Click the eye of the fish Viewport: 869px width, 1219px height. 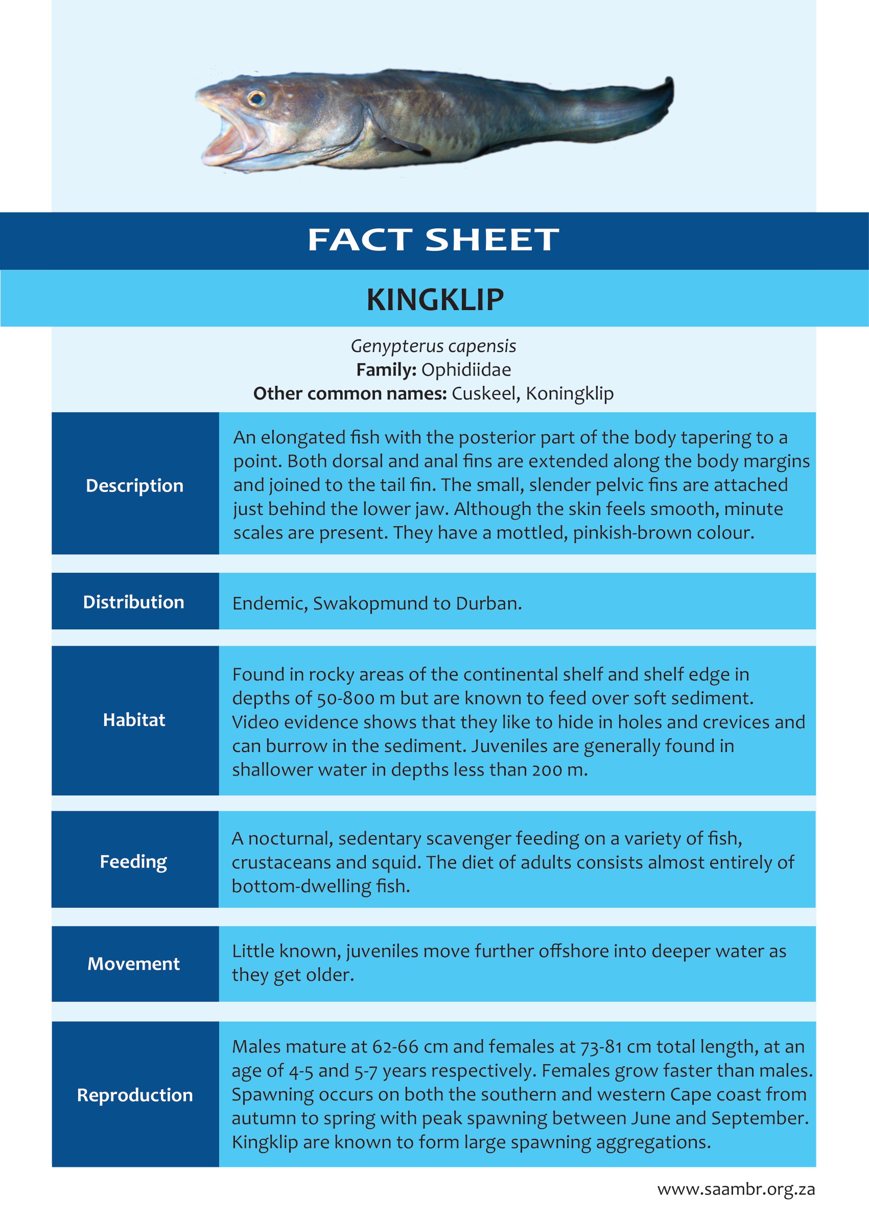click(x=256, y=98)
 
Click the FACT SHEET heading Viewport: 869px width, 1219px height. click(x=433, y=240)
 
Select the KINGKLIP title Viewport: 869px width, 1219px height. click(x=434, y=300)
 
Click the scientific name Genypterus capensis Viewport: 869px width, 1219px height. click(x=433, y=346)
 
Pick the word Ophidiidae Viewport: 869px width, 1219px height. click(x=465, y=370)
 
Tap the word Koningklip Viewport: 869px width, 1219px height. click(x=569, y=393)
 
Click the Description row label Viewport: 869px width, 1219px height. click(x=135, y=485)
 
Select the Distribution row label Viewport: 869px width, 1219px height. click(x=134, y=602)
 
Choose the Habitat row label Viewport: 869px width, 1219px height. click(x=134, y=720)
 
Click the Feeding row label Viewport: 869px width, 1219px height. click(x=134, y=861)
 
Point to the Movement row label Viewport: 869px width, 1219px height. click(x=134, y=964)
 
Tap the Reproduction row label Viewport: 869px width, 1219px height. click(x=135, y=1095)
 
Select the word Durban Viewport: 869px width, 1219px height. click(x=488, y=603)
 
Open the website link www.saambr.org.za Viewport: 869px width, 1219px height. click(x=736, y=1189)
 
